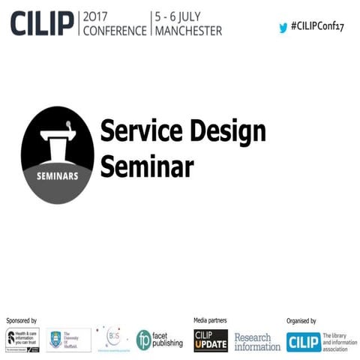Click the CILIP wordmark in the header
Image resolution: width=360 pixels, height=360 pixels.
(41, 22)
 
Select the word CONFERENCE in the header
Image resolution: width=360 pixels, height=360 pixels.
(115, 31)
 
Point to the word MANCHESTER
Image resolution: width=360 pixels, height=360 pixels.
(188, 31)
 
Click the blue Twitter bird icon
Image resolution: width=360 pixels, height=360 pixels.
(283, 27)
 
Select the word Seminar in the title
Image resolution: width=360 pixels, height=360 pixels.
(147, 166)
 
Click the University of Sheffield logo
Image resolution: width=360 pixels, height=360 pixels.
(68, 340)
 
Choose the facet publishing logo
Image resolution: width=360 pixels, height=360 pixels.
(159, 340)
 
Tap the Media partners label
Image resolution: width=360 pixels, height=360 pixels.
(210, 320)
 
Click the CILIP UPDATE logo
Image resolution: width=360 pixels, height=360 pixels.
(211, 341)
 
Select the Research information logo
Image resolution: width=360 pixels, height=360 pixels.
(257, 342)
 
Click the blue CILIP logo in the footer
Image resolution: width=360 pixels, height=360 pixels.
(303, 342)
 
